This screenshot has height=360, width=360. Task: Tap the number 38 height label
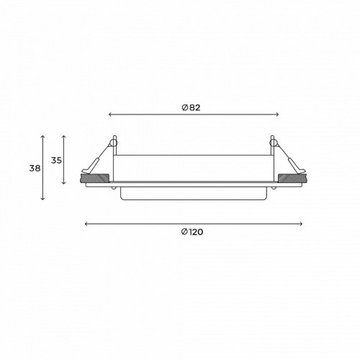35,168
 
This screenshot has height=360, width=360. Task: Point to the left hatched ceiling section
94,177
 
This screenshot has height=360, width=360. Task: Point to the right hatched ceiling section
291,177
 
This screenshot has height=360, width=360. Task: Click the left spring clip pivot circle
114,142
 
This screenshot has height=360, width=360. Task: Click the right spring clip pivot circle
272,142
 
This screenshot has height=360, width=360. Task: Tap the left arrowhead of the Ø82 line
109,114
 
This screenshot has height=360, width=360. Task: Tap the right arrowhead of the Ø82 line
277,114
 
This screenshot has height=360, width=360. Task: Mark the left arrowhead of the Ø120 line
86,224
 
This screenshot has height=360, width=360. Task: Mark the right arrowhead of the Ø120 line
301,224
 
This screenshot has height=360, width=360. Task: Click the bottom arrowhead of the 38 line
44,199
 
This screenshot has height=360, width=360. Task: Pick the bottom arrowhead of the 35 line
64,183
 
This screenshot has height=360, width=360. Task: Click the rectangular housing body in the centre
193,167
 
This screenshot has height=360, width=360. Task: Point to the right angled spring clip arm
289,159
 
